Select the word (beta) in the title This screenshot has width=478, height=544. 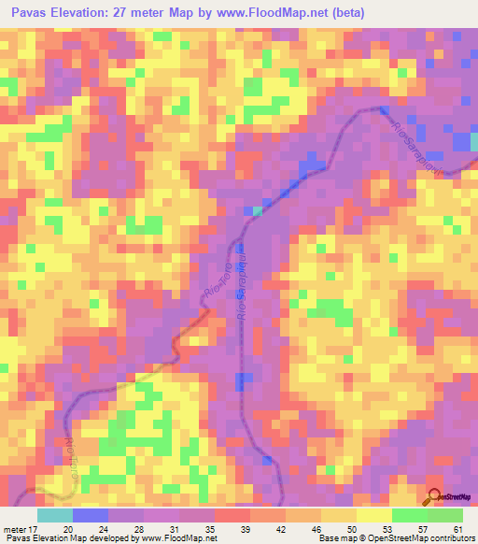coord(344,13)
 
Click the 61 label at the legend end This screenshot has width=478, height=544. coord(457,529)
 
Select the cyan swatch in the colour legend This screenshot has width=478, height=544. coord(54,515)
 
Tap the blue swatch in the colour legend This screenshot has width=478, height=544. coord(90,515)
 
